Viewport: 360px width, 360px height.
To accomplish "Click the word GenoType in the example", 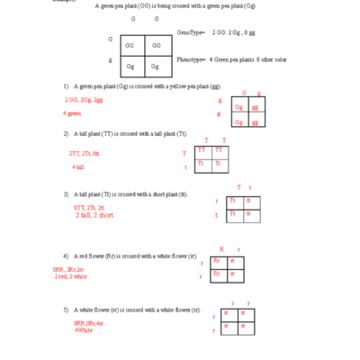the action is [191, 31].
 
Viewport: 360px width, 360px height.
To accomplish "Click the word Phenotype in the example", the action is [192, 58].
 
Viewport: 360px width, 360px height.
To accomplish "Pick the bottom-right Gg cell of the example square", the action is [156, 66].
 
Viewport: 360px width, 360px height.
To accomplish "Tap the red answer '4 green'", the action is [72, 113].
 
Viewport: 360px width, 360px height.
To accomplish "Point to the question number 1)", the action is [66, 86].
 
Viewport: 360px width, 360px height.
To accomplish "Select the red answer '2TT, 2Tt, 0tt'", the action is [85, 154].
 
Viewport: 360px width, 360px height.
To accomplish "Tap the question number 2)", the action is [66, 134].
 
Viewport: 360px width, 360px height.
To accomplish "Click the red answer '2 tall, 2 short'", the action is [94, 215].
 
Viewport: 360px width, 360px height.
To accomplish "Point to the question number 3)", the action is [66, 194].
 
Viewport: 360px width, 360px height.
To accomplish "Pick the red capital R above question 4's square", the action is [221, 248].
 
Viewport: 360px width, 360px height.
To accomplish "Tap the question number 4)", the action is [66, 256].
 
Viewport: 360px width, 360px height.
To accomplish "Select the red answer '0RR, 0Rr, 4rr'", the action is [88, 322].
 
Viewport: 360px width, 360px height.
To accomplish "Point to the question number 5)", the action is [66, 310].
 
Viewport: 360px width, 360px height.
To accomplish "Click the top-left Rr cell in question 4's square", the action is [217, 261].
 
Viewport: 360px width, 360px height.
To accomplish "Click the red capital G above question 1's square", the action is [245, 93].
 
